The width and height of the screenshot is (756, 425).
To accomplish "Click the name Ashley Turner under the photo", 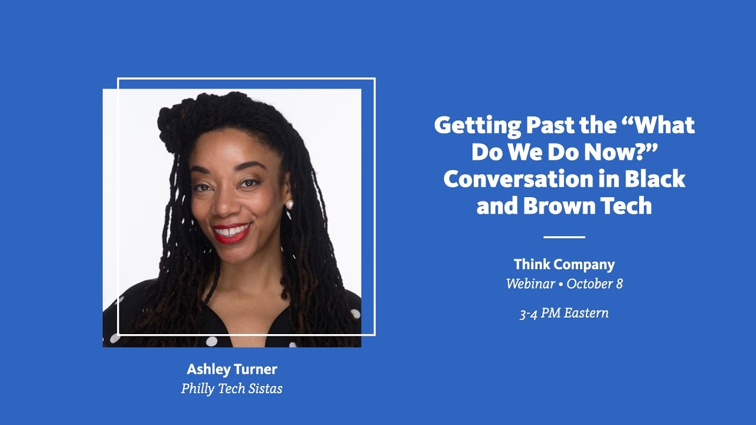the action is click(232, 370).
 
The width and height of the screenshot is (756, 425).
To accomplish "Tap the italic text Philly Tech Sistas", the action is click(232, 388).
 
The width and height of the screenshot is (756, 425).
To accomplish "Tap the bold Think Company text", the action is click(564, 264).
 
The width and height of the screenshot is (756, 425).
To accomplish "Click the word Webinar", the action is click(530, 284).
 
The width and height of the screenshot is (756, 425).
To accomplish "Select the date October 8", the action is click(594, 284).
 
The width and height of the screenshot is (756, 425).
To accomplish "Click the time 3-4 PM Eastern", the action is click(564, 313).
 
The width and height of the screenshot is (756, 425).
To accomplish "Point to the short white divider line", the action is click(564, 237).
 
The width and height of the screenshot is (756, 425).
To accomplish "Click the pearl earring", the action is click(289, 204).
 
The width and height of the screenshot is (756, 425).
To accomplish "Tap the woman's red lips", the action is click(232, 233).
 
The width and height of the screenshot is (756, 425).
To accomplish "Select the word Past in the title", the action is click(550, 126).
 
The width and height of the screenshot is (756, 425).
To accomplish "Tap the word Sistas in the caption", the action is click(265, 388).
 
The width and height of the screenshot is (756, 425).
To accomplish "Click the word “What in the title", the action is click(658, 126).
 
